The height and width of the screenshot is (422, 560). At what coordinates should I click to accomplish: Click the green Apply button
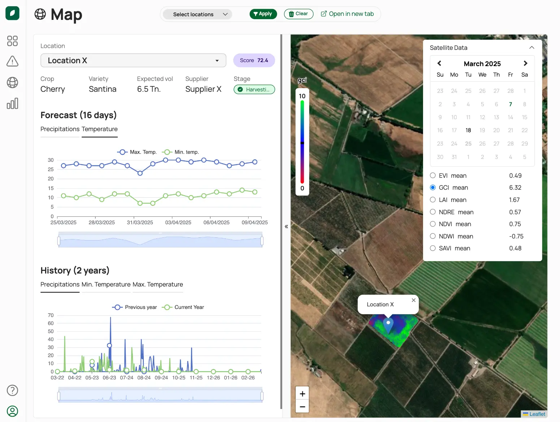[x=263, y=14]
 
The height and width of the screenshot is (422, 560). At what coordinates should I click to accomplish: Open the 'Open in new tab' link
[x=347, y=14]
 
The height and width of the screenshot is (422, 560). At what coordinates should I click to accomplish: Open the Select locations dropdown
[x=198, y=14]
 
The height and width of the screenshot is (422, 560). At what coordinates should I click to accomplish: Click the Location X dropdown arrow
[x=217, y=61]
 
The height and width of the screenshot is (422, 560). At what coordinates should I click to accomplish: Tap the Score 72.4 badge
[x=254, y=60]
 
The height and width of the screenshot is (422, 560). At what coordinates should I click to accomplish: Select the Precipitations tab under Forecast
[x=60, y=129]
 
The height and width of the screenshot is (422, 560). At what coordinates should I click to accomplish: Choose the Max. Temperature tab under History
[x=158, y=284]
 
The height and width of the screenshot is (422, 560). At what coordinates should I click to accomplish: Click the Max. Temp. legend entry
[x=137, y=152]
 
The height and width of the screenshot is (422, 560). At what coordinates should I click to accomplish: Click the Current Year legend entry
[x=183, y=307]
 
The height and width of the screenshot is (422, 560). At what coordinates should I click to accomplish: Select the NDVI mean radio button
[x=433, y=224]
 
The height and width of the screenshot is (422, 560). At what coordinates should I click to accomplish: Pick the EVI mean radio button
[x=433, y=176]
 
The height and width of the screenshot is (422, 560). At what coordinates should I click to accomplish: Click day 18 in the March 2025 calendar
[x=468, y=130]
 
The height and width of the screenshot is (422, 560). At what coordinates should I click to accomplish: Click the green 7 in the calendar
[x=510, y=104]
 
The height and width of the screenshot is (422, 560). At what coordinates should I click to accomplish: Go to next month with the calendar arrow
[x=525, y=63]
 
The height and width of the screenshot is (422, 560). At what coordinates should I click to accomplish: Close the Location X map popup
[x=414, y=300]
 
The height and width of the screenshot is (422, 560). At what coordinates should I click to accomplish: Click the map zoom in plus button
[x=302, y=394]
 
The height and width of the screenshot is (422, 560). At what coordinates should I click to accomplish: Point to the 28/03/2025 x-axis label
[x=102, y=223]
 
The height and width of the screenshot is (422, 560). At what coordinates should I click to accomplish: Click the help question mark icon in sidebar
[x=12, y=390]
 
